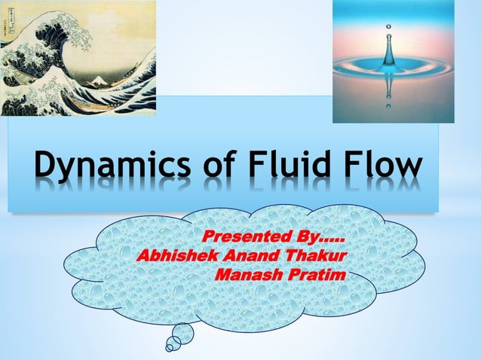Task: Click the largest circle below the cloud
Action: [x=182, y=333]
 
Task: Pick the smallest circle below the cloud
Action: [x=170, y=349]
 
